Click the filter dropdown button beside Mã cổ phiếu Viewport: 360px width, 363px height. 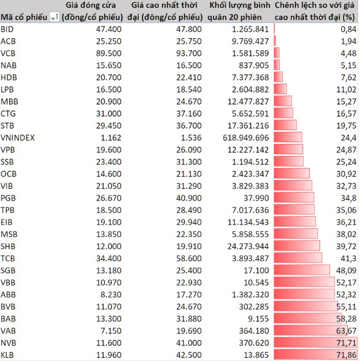tap(54, 18)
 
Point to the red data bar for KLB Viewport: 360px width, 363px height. tap(315, 354)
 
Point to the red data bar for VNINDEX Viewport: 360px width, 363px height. tap(288, 137)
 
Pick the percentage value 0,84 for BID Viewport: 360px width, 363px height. tap(348, 29)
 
